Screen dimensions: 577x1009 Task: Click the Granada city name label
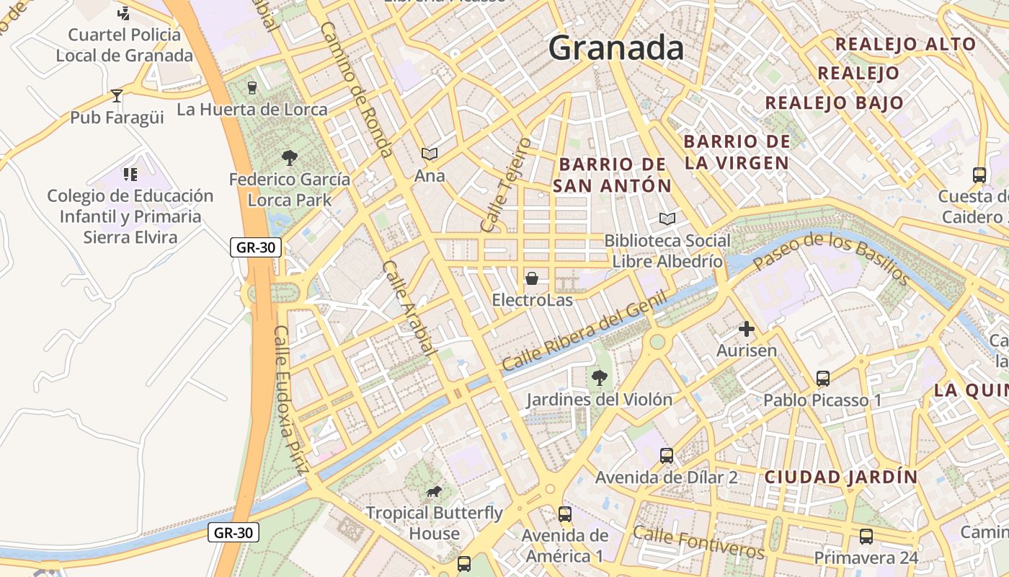pos(615,48)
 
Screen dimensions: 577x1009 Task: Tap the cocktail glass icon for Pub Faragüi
pos(117,96)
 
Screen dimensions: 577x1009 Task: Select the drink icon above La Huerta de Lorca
pos(252,88)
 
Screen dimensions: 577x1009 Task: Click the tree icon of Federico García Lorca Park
pos(290,157)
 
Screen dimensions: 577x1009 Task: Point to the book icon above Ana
pos(430,154)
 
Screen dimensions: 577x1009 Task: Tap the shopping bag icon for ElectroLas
pos(532,278)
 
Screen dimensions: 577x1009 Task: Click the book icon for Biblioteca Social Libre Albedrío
pos(667,219)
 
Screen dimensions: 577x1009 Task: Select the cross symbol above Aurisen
pos(747,330)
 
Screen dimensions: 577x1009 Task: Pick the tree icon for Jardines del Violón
pos(599,377)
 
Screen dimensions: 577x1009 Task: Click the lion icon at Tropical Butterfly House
pos(434,492)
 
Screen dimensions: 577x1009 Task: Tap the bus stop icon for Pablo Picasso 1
pos(822,378)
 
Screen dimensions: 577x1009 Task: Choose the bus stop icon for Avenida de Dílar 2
pos(667,456)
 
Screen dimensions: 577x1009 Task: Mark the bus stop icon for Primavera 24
pos(866,537)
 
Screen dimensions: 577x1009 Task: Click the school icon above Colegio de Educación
pos(130,174)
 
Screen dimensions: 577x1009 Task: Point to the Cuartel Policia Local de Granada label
pos(125,45)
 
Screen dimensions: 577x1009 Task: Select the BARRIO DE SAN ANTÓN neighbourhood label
pos(613,175)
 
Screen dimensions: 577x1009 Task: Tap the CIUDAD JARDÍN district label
pos(841,477)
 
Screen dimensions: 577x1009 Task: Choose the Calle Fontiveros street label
pos(698,542)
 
